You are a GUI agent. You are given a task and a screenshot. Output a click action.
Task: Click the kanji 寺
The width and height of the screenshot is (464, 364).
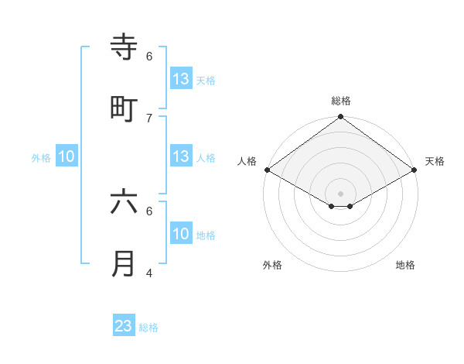[x=124, y=48]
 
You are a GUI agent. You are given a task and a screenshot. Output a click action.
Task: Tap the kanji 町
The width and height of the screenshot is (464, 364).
[x=124, y=109]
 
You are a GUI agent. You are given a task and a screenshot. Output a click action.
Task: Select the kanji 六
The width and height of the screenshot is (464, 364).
[x=124, y=202]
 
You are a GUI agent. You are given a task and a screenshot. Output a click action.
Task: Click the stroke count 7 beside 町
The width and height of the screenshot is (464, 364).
[x=149, y=118]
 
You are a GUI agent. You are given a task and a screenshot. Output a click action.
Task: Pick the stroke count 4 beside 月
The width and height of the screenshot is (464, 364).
[x=149, y=273]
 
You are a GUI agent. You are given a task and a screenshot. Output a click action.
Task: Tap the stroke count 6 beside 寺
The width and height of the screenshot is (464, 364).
[x=149, y=57]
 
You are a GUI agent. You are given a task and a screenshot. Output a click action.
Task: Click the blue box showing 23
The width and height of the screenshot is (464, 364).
[x=124, y=326]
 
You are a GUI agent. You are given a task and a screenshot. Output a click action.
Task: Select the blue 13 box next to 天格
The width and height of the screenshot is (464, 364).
[x=181, y=79]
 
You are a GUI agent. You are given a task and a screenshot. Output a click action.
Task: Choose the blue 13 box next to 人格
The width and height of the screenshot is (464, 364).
[x=181, y=156]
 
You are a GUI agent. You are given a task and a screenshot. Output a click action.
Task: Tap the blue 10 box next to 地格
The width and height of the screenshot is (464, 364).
[x=181, y=234]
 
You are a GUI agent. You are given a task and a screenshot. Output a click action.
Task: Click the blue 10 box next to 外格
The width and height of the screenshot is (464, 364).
[x=67, y=156]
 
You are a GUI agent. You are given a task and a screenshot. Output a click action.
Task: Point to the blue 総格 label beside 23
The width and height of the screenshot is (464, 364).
[x=148, y=328]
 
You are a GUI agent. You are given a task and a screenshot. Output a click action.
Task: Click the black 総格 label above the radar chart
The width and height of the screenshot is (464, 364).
[x=340, y=101]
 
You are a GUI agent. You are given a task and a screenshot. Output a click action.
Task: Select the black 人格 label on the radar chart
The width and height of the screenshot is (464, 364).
[x=247, y=161]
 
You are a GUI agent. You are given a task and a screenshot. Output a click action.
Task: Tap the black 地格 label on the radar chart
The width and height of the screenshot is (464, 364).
[x=405, y=265]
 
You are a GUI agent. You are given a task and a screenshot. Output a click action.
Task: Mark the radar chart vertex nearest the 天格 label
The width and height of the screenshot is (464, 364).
[x=415, y=170]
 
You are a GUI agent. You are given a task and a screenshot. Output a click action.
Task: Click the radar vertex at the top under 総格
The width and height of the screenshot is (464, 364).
[x=340, y=118]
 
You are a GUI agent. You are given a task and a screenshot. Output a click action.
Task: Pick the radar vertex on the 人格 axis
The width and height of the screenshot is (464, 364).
[x=267, y=170]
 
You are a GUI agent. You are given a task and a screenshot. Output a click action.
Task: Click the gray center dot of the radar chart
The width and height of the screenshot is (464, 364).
[x=340, y=193]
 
